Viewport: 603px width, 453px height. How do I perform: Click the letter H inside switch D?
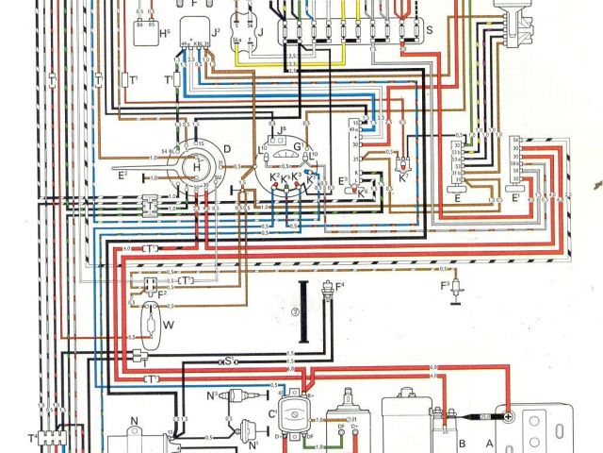pyautogui.click(x=197, y=166)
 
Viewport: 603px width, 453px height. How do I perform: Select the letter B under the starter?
pyautogui.click(x=462, y=443)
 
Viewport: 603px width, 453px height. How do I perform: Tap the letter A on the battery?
pyautogui.click(x=487, y=443)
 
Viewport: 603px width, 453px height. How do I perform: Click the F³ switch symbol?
pyautogui.click(x=454, y=287)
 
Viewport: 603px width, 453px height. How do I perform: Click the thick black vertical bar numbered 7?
pyautogui.click(x=303, y=311)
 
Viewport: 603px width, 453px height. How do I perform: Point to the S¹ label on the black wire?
pyautogui.click(x=229, y=360)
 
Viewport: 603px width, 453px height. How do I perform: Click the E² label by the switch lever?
pyautogui.click(x=123, y=175)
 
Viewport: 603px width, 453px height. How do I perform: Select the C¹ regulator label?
pyautogui.click(x=273, y=411)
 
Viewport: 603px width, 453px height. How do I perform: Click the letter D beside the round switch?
pyautogui.click(x=227, y=148)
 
